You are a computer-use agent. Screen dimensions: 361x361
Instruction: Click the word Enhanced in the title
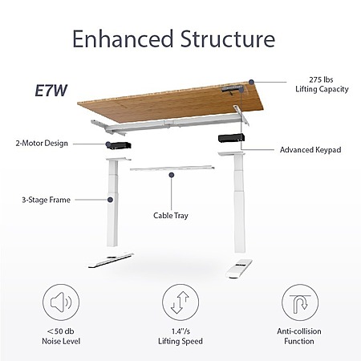(123, 39)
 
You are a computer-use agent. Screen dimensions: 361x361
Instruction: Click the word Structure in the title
(228, 39)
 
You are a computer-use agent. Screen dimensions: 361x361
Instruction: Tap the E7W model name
(51, 91)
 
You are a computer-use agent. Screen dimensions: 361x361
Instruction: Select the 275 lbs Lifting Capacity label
(322, 84)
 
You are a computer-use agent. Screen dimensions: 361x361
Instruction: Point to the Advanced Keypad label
(310, 150)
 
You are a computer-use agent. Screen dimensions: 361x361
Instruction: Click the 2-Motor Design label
(42, 144)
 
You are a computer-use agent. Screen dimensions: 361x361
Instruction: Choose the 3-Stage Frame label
(46, 200)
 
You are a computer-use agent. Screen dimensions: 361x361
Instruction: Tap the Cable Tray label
(171, 216)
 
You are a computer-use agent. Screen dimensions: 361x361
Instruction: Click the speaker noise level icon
(61, 302)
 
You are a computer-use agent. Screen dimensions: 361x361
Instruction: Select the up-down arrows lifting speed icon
(180, 302)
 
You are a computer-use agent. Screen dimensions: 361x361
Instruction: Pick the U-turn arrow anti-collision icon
(300, 302)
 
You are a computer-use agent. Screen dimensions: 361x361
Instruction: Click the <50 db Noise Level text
(61, 336)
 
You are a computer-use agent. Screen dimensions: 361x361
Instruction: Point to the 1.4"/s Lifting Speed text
(180, 336)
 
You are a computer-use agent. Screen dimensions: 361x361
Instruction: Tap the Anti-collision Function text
(299, 336)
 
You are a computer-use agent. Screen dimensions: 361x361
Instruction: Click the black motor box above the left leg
(120, 145)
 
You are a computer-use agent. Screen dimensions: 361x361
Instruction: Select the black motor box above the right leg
(231, 138)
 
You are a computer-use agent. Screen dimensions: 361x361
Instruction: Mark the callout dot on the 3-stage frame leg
(110, 200)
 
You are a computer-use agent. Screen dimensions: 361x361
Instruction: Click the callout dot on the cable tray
(172, 175)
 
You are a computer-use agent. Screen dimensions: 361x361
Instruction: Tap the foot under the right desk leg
(239, 267)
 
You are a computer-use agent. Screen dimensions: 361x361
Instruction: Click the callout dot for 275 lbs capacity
(251, 82)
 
